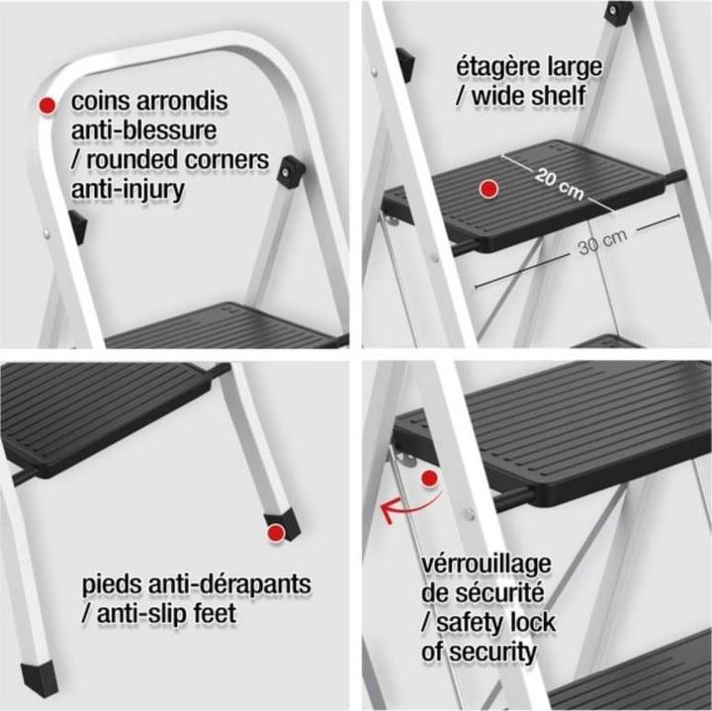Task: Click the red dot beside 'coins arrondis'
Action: point(46,104)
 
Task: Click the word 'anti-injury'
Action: point(128,188)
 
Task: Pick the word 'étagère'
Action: point(495,68)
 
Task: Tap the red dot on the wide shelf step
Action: point(487,189)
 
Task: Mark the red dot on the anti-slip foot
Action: point(277,533)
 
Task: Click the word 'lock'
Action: point(533,623)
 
